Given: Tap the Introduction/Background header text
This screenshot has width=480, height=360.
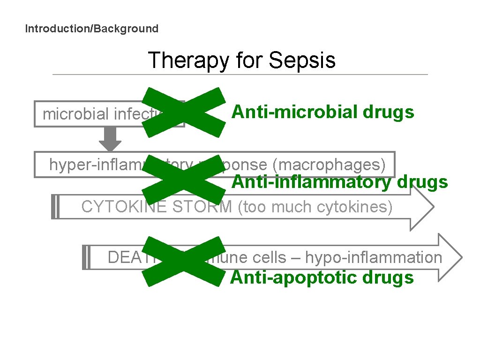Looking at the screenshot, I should point(92,29).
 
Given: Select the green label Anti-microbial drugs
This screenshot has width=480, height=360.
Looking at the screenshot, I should point(323,112).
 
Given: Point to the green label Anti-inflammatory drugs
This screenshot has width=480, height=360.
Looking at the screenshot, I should point(340,182).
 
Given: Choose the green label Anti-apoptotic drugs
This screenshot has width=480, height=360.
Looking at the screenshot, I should point(322,277).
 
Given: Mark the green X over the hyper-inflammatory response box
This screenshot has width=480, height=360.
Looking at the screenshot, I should point(184,183).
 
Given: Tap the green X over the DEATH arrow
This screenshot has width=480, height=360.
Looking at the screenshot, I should point(184,261).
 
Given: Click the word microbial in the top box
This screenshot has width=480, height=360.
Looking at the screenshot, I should point(70,114).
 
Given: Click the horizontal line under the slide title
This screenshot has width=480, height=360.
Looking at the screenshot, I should point(240,75).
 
